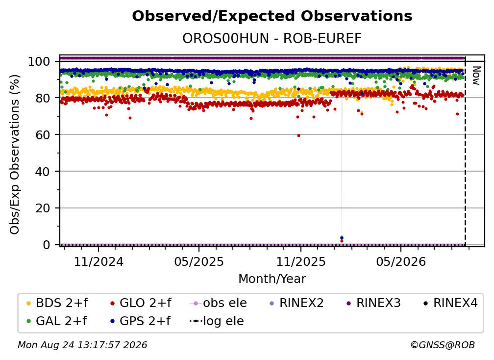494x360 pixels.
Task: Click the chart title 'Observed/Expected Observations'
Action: (272, 16)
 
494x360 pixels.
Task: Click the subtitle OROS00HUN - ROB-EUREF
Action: (272, 38)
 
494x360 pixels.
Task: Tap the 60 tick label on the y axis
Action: (43, 134)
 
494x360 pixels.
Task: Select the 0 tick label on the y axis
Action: (46, 245)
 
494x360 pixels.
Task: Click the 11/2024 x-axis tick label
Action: (99, 261)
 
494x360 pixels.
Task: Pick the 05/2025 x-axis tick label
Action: (199, 261)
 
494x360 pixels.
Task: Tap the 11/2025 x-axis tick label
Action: (301, 261)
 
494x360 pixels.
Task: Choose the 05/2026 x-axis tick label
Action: (401, 261)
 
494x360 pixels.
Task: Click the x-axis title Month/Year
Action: (272, 279)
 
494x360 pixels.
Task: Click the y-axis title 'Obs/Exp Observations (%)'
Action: (15, 154)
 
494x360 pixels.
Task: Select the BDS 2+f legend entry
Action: (57, 303)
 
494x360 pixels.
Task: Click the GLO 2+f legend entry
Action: (141, 303)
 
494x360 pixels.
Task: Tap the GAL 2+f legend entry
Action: (56, 321)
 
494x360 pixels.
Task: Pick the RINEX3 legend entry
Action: (373, 303)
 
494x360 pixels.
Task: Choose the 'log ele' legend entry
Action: (217, 321)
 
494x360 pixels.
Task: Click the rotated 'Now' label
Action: (476, 76)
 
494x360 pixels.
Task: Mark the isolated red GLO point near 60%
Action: (298, 135)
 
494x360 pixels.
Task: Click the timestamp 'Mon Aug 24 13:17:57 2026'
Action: (82, 345)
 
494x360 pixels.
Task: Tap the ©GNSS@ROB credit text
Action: (443, 345)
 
